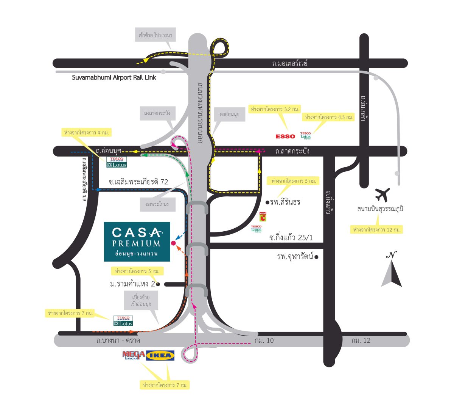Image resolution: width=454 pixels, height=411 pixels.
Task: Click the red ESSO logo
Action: [x=285, y=136]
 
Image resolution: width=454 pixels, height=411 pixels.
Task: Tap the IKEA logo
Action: [x=160, y=355]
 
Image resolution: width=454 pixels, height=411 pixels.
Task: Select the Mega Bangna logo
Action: [x=134, y=355]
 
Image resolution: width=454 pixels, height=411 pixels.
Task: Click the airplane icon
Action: [x=382, y=195]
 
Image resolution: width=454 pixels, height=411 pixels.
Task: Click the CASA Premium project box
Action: [x=137, y=242]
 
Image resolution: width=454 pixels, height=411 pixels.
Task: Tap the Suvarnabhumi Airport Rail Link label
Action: [x=114, y=77]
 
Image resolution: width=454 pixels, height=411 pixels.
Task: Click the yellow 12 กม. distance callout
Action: [x=376, y=229]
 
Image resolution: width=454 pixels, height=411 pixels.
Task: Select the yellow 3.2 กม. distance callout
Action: [x=275, y=109]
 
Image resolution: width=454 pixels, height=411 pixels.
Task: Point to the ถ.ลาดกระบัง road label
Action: [x=292, y=151]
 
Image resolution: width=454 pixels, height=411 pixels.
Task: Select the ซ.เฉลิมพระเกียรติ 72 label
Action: [x=138, y=182]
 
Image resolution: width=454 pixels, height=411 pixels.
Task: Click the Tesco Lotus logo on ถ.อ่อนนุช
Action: [x=117, y=162]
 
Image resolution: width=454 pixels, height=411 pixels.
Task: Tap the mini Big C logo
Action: [x=263, y=217]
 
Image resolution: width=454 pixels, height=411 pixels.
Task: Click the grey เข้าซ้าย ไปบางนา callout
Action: [x=155, y=35]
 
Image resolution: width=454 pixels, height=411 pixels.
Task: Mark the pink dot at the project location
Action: [x=173, y=243]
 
